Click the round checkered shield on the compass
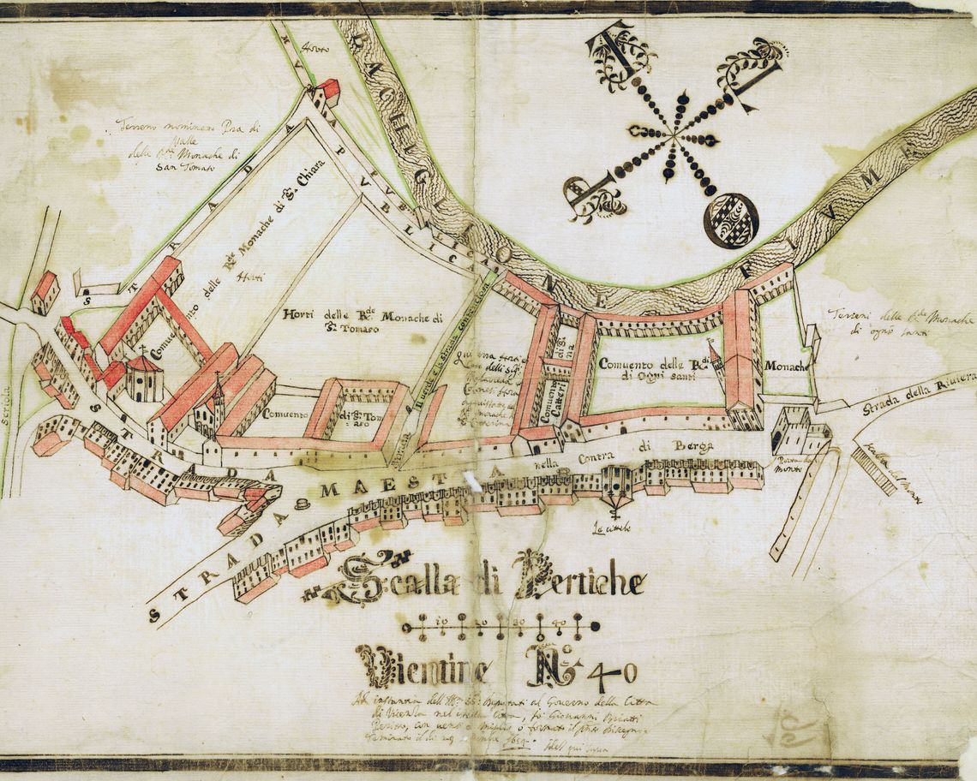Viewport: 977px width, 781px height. point(731,221)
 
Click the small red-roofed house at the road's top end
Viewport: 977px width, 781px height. point(326,92)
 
